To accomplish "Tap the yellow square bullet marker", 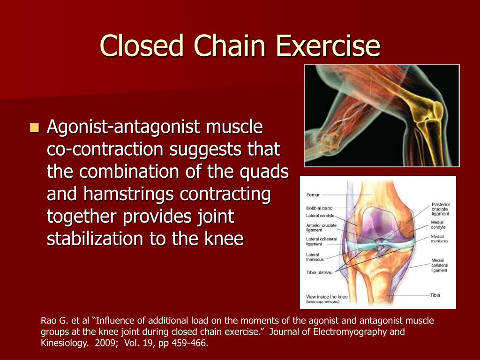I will (x=34, y=127).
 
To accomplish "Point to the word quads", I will (x=264, y=172).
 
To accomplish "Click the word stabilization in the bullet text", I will (x=96, y=239).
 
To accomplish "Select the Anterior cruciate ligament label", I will (x=321, y=228).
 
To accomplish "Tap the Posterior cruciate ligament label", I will (x=440, y=209).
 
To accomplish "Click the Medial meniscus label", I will (x=440, y=239).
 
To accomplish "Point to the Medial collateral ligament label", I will (x=440, y=265).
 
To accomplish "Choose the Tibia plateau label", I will (x=319, y=273).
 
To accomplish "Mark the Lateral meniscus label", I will (x=315, y=257).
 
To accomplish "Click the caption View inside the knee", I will (x=327, y=297).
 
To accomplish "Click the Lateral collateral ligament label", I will (x=321, y=241).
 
